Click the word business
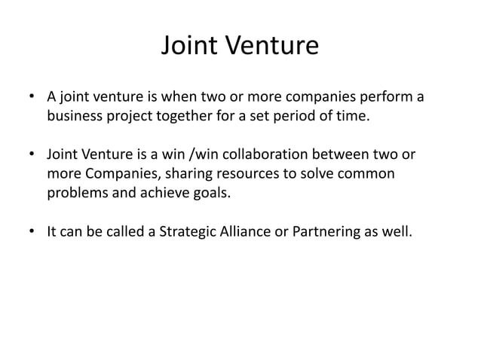(x=75, y=117)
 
